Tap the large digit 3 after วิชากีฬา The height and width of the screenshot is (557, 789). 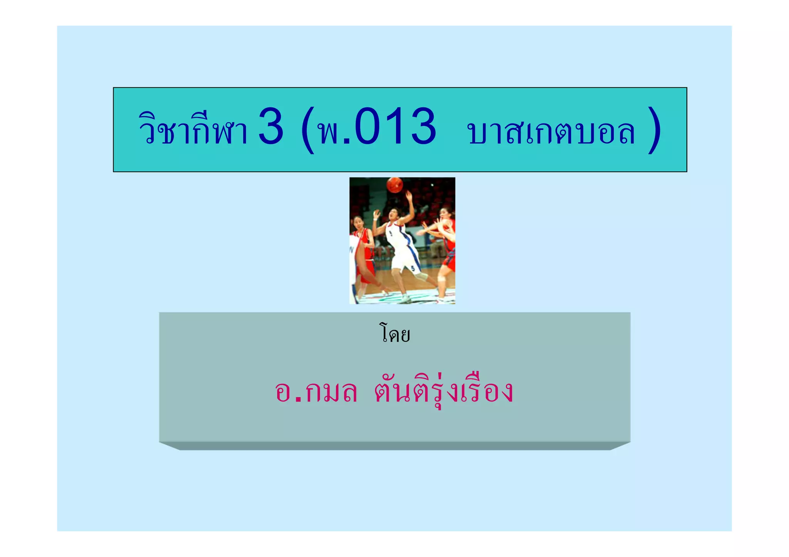271,127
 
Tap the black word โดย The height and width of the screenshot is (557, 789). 394,334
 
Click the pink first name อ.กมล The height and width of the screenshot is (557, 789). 316,391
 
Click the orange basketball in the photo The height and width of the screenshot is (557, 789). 395,185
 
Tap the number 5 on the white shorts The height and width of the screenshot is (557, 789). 413,268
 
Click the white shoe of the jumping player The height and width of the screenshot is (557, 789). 405,298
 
